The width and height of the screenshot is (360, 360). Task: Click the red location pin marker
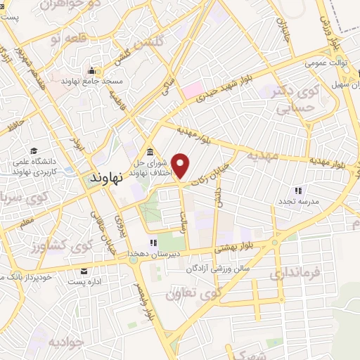point(181,166)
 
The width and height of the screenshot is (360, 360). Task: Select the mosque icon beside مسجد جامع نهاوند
point(91,71)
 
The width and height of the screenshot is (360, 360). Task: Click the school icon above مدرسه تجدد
point(297,190)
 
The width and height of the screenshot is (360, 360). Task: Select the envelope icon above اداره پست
point(84,271)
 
